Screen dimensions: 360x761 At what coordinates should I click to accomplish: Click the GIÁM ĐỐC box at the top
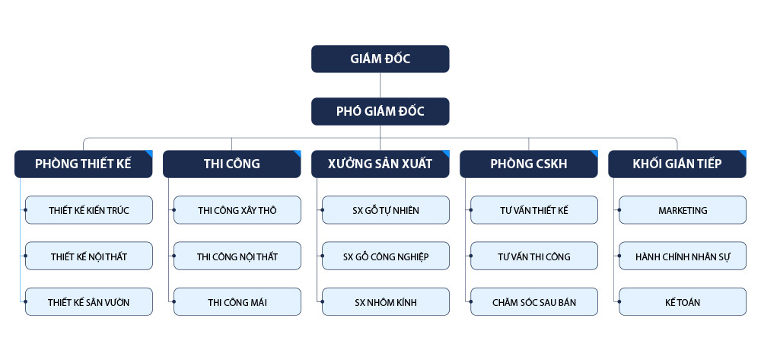pos(380,59)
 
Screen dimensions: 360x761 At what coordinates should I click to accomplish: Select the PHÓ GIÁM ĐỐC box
pos(380,111)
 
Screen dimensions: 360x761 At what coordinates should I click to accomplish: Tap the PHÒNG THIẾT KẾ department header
pos(83,164)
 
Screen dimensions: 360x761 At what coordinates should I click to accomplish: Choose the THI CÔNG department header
pos(231,164)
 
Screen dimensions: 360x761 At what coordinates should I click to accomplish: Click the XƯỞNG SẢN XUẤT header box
pos(380,164)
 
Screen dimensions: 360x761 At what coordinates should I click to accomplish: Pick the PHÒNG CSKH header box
pos(528,164)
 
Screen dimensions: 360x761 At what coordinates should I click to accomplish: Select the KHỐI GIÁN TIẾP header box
pos(677,164)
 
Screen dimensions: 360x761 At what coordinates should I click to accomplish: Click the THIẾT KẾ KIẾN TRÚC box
pos(89,210)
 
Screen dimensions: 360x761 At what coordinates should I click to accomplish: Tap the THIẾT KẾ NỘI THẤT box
pos(89,256)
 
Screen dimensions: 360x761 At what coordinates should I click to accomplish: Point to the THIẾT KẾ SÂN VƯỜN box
pos(89,302)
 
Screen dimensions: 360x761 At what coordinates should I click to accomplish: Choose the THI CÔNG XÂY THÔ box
pos(237,210)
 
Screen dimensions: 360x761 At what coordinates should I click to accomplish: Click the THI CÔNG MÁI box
pos(237,302)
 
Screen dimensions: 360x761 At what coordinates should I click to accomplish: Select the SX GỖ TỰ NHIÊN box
pos(386,210)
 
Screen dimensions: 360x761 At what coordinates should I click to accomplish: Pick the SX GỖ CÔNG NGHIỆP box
pos(386,256)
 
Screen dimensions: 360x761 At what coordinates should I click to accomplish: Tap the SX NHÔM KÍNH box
pos(386,302)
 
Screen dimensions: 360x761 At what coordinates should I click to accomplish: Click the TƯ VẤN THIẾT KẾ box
pos(534,210)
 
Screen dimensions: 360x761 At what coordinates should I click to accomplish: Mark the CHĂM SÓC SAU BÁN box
pos(534,302)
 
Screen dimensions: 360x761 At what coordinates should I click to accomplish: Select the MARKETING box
pos(683,210)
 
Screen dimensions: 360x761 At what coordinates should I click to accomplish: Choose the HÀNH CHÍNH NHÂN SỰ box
pos(683,256)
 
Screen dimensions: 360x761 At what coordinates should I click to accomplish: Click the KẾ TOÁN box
pos(683,302)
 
